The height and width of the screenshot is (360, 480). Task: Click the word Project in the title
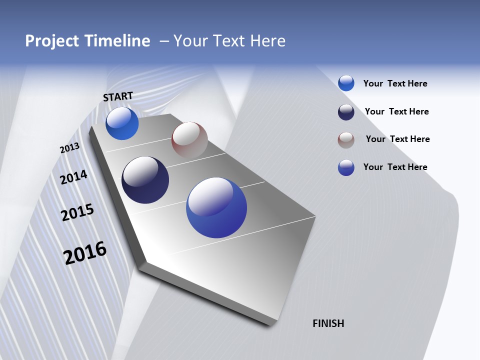tap(50, 41)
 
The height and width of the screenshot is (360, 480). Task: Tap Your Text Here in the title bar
tap(229, 41)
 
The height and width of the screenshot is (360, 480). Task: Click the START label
tap(118, 96)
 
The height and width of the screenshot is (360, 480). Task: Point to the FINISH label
tap(328, 323)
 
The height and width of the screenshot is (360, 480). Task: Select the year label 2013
tap(69, 148)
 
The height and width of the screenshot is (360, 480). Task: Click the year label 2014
tap(73, 177)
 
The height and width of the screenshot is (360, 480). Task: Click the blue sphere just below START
tap(122, 123)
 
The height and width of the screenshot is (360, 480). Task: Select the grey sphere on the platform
tap(189, 139)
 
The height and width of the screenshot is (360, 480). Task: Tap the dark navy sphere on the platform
tap(145, 180)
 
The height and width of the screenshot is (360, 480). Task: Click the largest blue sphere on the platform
tap(216, 207)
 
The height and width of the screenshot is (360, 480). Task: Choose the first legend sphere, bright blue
tap(346, 83)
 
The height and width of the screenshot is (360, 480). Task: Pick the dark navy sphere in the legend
tap(346, 112)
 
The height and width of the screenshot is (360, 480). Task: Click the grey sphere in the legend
tap(346, 140)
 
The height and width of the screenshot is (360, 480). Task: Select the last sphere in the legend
tap(346, 167)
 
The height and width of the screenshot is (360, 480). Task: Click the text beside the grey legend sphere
tap(397, 139)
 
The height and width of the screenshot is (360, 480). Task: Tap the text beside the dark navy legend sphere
tap(396, 111)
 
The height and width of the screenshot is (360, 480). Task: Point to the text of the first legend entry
tap(395, 83)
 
